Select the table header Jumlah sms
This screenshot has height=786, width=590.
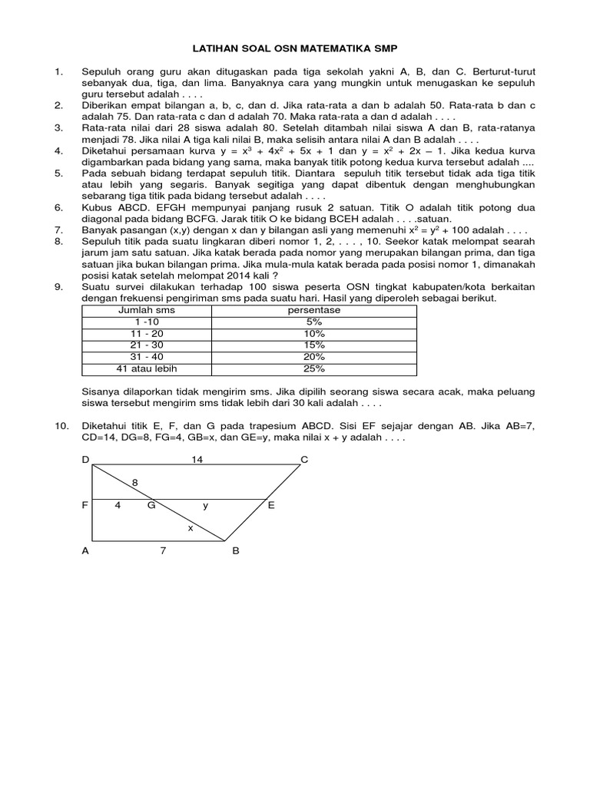[x=146, y=311]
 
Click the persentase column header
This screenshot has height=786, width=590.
[x=313, y=311]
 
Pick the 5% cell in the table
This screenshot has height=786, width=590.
[x=313, y=322]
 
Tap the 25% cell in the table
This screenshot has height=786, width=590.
[x=313, y=368]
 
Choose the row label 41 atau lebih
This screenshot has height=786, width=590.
[x=146, y=368]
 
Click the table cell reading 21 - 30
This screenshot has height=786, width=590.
[x=145, y=345]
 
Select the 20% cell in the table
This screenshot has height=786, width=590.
[x=313, y=357]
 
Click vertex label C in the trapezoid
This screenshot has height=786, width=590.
[x=304, y=459]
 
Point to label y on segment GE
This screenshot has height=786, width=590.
[x=205, y=506]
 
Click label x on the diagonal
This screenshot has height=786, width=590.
[x=191, y=528]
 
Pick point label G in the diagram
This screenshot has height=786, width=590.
[x=151, y=506]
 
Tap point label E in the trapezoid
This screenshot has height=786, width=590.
[x=270, y=506]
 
